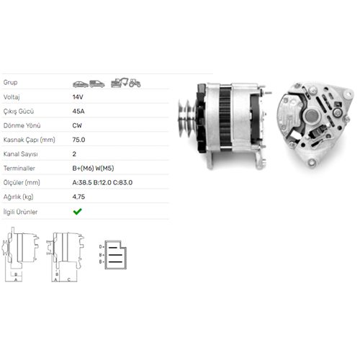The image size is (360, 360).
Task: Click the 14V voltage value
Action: click(78, 97)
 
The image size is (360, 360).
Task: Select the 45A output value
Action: click(78, 112)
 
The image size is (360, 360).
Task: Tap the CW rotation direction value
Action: click(77, 125)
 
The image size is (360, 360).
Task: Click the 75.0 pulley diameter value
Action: click(78, 140)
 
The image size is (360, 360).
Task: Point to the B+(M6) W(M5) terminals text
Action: click(93, 168)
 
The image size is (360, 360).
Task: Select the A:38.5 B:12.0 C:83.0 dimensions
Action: click(102, 183)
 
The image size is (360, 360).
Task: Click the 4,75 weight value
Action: click(78, 197)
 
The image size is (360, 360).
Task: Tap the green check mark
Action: click(78, 212)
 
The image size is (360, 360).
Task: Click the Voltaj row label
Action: click(12, 97)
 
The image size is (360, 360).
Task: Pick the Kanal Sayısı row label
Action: click(21, 154)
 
